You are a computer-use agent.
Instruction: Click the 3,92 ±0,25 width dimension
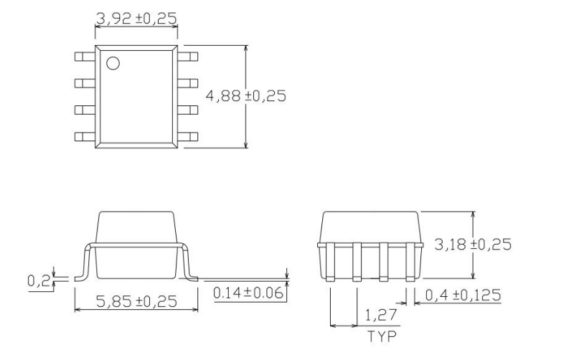click(136, 17)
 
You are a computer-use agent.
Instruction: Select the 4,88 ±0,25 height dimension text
click(246, 96)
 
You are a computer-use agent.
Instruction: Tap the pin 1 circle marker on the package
click(113, 63)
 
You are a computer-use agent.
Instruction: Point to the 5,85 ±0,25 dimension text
click(136, 303)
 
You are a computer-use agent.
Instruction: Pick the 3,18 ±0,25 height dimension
click(473, 245)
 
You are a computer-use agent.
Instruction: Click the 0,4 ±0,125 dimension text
click(464, 295)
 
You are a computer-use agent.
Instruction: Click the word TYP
click(380, 335)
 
